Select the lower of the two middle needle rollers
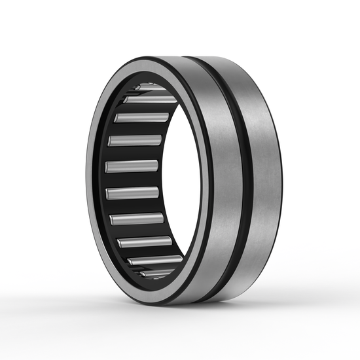click(x=133, y=192)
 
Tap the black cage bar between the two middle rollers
click(x=132, y=179)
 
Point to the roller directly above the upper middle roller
click(x=134, y=140)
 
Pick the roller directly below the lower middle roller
click(x=136, y=218)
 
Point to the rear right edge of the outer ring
click(x=279, y=183)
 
